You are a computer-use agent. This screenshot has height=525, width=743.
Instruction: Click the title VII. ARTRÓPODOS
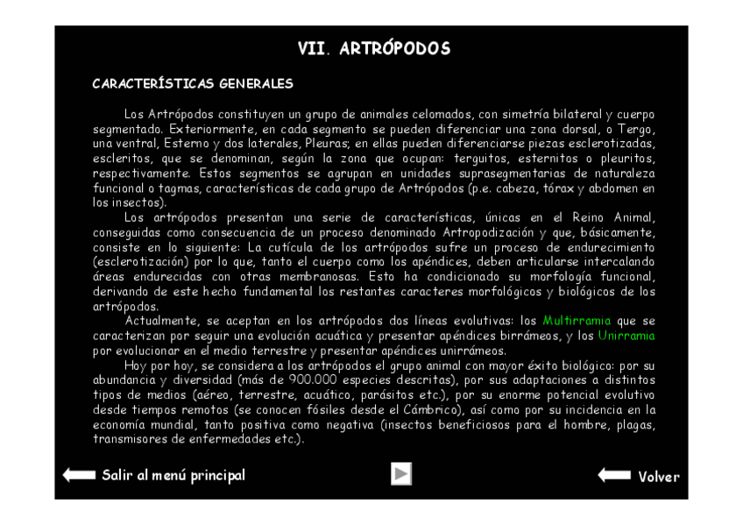tap(373, 49)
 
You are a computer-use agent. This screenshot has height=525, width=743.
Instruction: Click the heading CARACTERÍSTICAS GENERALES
tap(192, 84)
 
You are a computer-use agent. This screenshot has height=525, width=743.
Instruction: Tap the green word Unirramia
tap(626, 336)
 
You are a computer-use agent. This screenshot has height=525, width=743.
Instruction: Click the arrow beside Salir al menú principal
tap(79, 475)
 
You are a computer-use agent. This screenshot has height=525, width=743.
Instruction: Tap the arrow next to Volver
tap(614, 475)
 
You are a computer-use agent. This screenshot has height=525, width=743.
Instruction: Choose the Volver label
tap(658, 477)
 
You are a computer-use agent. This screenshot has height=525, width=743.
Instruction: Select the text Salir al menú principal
tap(173, 475)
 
